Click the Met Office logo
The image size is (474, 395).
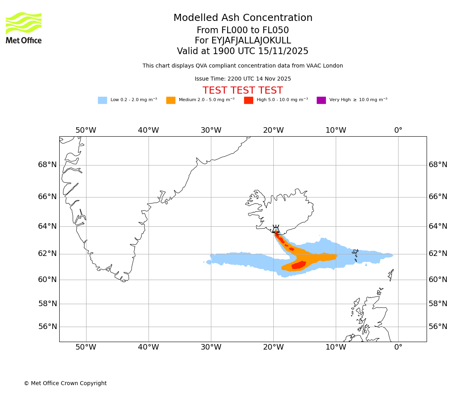point(24,28)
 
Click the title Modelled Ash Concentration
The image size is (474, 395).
point(243,18)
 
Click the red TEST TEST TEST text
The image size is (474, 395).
point(243,90)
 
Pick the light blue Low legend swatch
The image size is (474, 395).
point(102,100)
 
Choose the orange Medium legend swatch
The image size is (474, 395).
point(171,100)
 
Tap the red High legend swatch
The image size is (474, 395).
point(248,100)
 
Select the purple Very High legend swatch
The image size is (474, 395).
point(321,100)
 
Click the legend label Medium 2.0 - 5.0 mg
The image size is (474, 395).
point(207,100)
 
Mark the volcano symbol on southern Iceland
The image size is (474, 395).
point(276,229)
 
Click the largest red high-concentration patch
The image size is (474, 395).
point(299,265)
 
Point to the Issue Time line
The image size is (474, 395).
point(243,79)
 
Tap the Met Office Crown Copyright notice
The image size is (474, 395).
point(65,384)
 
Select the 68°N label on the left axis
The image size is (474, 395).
point(47,165)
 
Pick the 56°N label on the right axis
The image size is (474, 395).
point(438,327)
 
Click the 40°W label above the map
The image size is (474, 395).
point(149,130)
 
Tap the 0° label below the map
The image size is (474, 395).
point(398,347)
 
